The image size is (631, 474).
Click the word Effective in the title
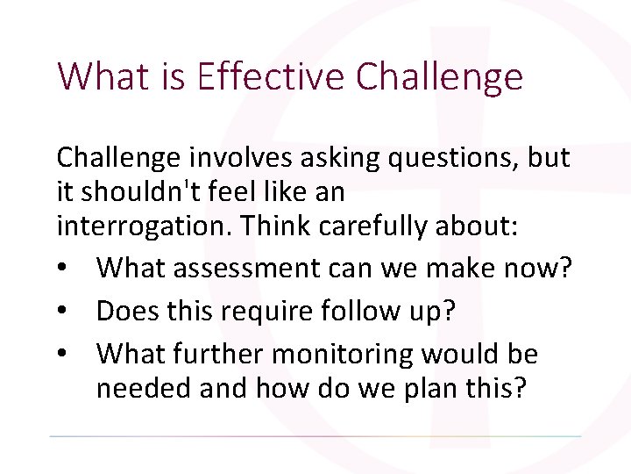click(272, 77)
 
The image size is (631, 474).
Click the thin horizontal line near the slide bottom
click(315, 436)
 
